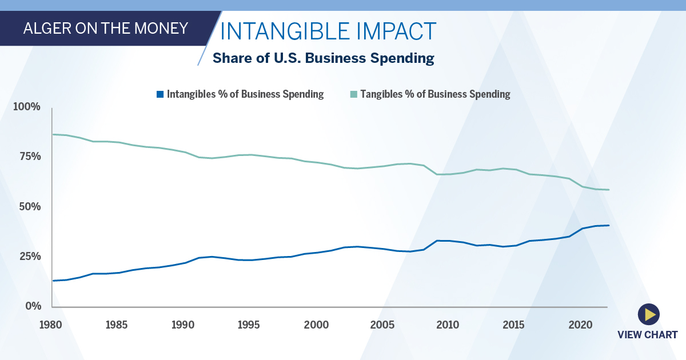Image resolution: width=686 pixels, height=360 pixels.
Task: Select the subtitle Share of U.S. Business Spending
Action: click(324, 58)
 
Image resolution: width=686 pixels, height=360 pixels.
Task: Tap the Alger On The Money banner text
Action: click(106, 28)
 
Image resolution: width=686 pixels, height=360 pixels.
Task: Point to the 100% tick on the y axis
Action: click(27, 107)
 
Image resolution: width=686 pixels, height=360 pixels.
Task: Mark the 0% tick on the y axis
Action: click(32, 306)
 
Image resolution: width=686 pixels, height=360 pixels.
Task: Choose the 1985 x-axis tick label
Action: click(117, 325)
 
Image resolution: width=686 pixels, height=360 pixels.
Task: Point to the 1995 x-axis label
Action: click(249, 325)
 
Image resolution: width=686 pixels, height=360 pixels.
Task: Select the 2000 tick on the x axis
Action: click(316, 325)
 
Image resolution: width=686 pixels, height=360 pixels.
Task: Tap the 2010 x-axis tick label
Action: click(448, 325)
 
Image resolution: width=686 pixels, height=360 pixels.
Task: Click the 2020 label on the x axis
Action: click(580, 325)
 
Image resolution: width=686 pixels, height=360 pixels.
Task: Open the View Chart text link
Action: click(647, 335)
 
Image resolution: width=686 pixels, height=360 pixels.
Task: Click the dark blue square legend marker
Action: click(161, 94)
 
